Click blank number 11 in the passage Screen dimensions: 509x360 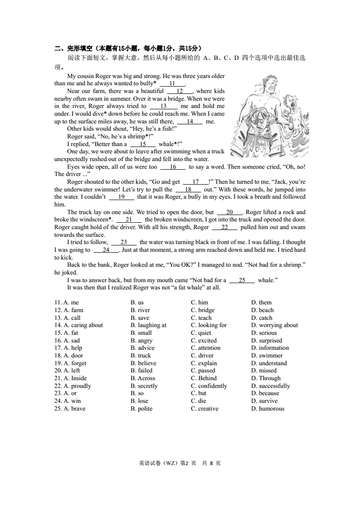[x=172, y=83]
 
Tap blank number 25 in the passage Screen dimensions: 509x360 [x=242, y=280]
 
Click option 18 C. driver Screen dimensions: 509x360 [x=203, y=356]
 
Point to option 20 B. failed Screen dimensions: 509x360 [x=142, y=371]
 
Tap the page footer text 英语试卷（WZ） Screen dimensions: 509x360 [x=159, y=463]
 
